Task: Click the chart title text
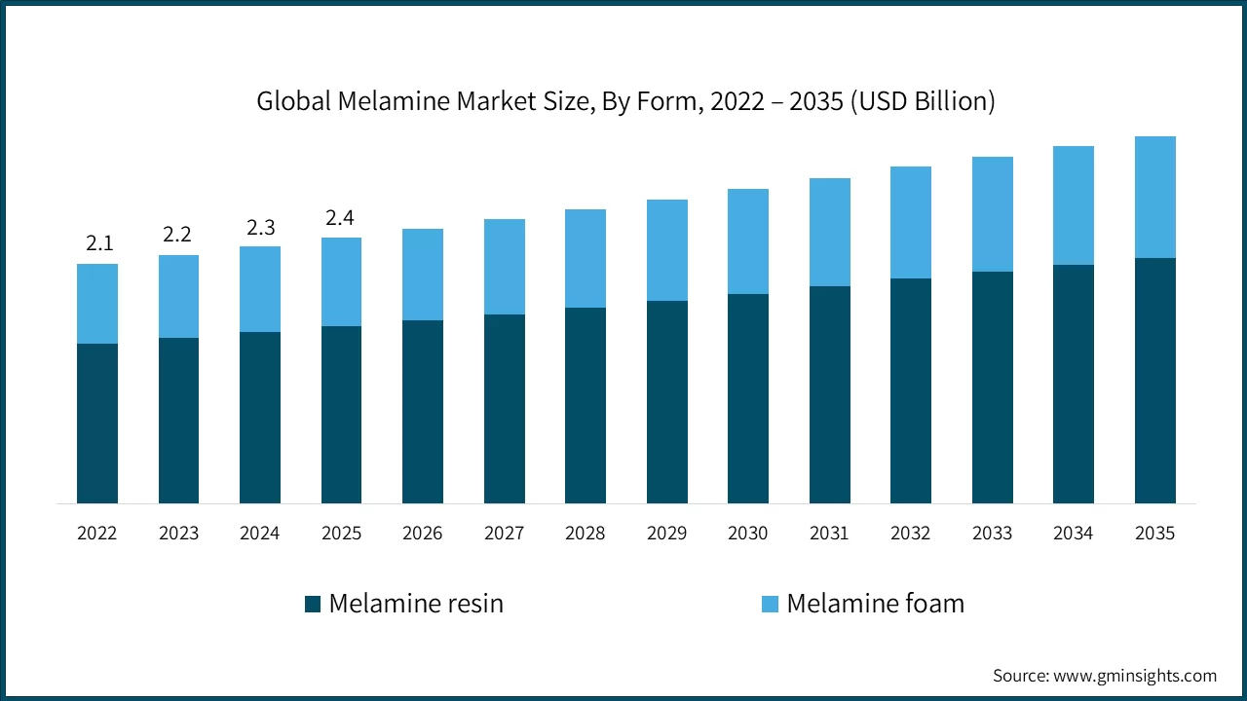click(x=625, y=101)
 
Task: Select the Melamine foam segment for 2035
click(x=1154, y=197)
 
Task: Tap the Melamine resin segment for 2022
click(x=97, y=423)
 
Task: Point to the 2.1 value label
click(x=99, y=243)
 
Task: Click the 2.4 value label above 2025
click(x=340, y=218)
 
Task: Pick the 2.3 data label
click(x=260, y=227)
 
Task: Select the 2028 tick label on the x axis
click(x=586, y=533)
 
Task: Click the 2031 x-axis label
click(x=829, y=533)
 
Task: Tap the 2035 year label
click(x=1154, y=533)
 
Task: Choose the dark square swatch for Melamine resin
click(x=313, y=604)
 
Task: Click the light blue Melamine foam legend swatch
click(x=770, y=604)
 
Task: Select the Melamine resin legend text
click(x=416, y=604)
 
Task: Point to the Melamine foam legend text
click(x=875, y=604)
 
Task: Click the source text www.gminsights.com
click(x=1105, y=676)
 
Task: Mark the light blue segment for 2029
click(x=666, y=250)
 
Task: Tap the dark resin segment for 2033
click(x=992, y=387)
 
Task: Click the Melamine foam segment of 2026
click(x=423, y=275)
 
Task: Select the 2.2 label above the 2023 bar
click(x=179, y=235)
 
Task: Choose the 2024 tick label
click(x=260, y=533)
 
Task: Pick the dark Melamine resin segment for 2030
click(x=748, y=398)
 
